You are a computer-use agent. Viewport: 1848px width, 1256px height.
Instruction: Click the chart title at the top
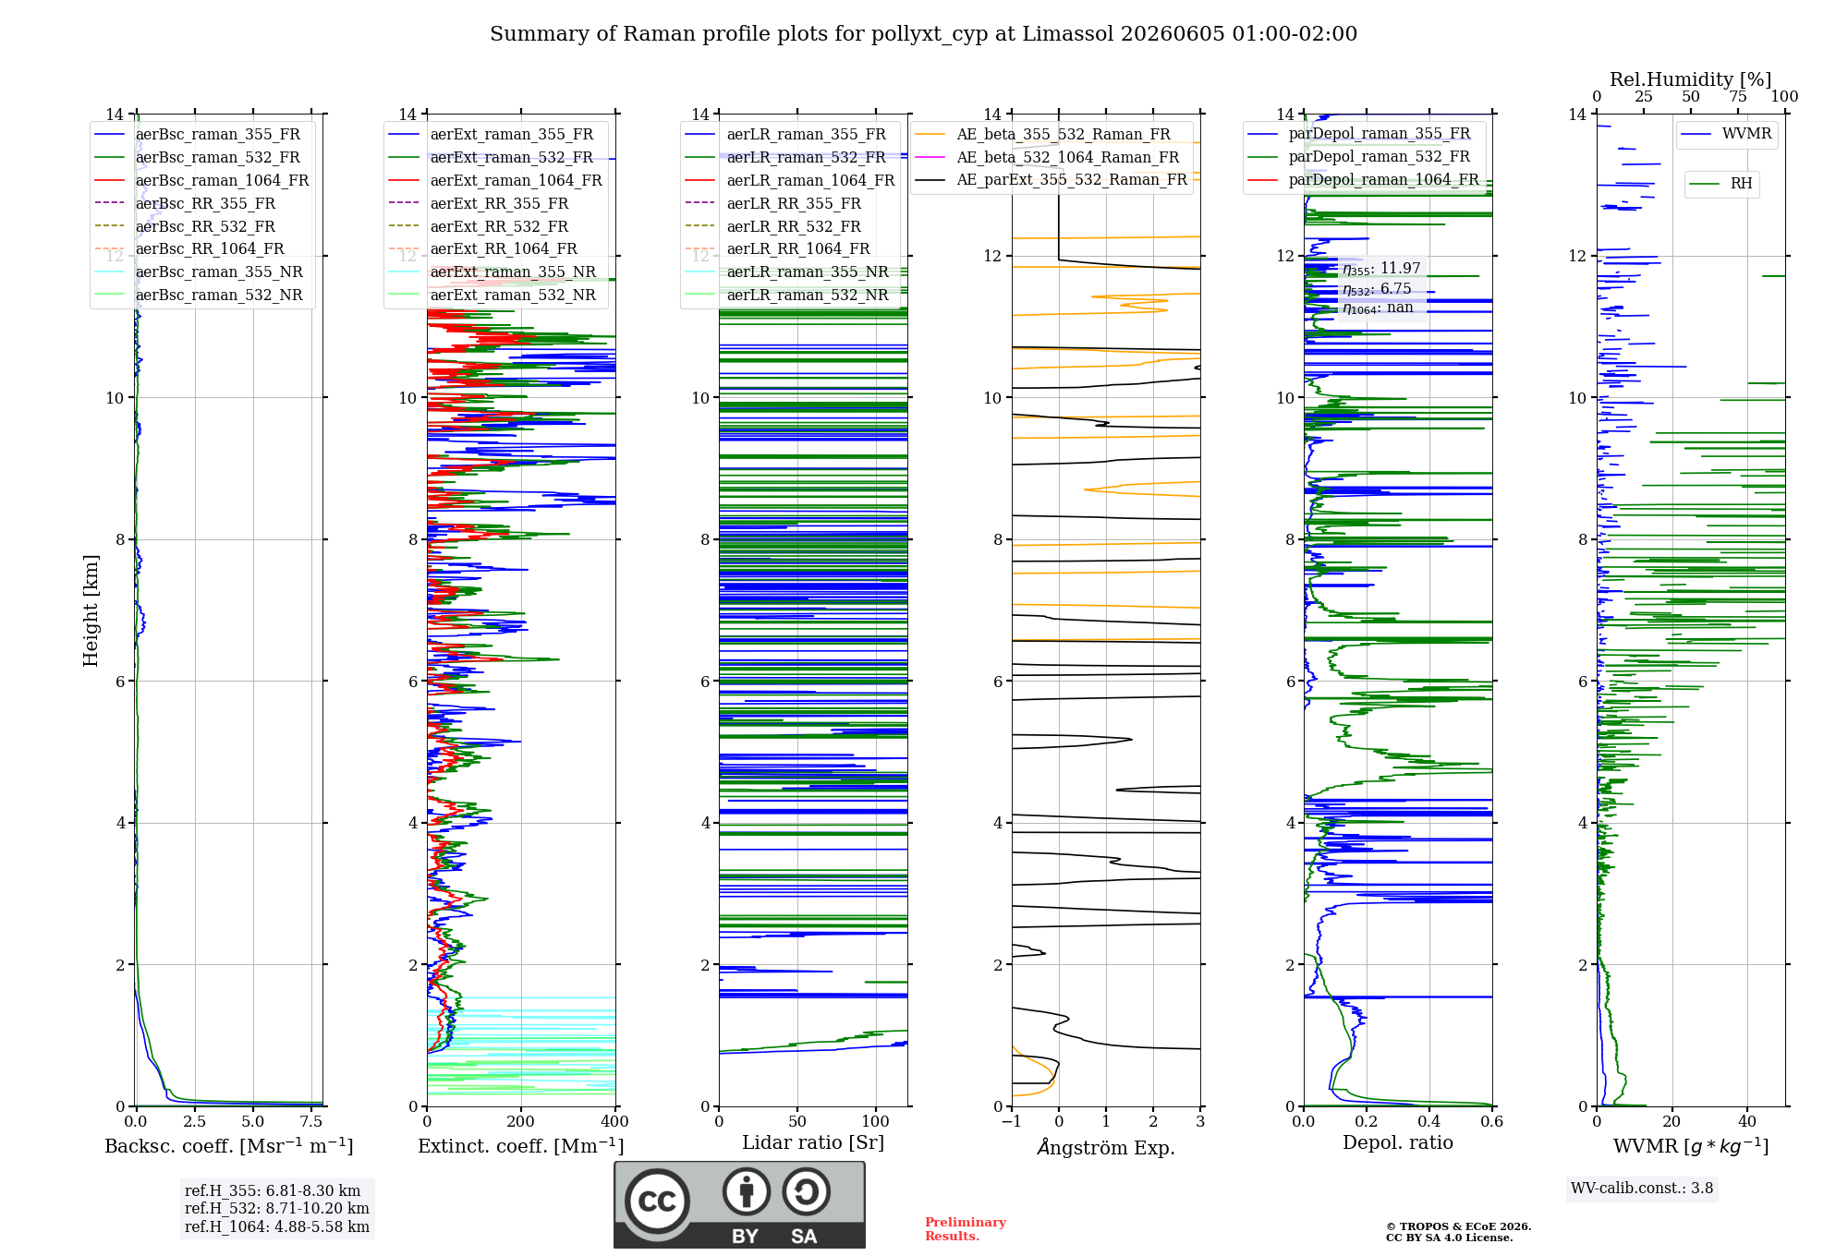tap(923, 34)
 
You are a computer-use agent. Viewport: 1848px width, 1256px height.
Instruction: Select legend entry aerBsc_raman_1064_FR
tap(201, 180)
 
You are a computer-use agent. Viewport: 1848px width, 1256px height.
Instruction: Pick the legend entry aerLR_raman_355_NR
tap(786, 272)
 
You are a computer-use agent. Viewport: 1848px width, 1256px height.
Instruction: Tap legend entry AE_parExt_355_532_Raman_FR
tap(1051, 179)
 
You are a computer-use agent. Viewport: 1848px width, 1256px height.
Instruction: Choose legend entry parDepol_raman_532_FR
tap(1358, 156)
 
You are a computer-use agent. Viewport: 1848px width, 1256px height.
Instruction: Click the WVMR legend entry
tap(1726, 134)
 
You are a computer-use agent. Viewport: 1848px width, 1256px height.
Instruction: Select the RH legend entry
tap(1720, 184)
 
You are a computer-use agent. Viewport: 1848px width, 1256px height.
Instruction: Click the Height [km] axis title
tap(91, 610)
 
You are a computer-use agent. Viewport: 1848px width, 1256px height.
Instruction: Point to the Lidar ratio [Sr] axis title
tap(813, 1142)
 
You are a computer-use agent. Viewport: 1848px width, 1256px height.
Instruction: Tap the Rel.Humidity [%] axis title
tap(1690, 79)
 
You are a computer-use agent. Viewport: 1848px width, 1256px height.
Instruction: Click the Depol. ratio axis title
tap(1398, 1142)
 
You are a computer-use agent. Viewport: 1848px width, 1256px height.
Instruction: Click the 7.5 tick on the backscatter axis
tap(311, 1121)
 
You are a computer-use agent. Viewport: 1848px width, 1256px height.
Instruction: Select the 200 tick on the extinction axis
tap(520, 1121)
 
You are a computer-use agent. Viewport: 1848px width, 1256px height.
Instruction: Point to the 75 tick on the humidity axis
tap(1738, 96)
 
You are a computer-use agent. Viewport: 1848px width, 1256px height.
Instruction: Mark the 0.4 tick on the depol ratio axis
tap(1429, 1121)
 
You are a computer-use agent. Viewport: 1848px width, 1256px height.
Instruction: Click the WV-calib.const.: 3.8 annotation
tap(1642, 1189)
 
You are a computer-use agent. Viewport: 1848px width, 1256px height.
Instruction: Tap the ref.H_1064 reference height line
tap(277, 1227)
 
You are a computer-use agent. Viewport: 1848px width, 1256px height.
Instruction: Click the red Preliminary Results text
tap(966, 1229)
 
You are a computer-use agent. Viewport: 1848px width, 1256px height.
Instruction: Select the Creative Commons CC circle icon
tap(657, 1201)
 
